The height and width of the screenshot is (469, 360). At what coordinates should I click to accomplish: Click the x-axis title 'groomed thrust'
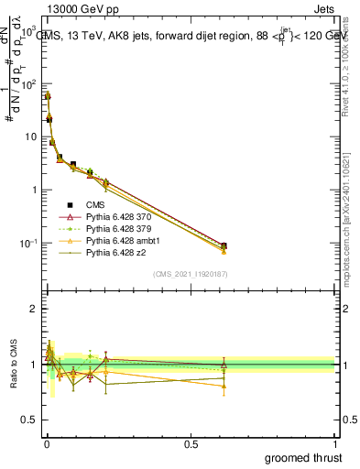304,457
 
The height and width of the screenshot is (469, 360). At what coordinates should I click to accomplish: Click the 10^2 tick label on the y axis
27,84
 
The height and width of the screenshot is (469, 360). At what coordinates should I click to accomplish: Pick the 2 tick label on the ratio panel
33,309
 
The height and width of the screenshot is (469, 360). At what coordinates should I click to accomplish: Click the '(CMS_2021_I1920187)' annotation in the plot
191,273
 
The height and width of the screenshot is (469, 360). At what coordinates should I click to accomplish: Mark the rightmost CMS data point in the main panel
224,245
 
